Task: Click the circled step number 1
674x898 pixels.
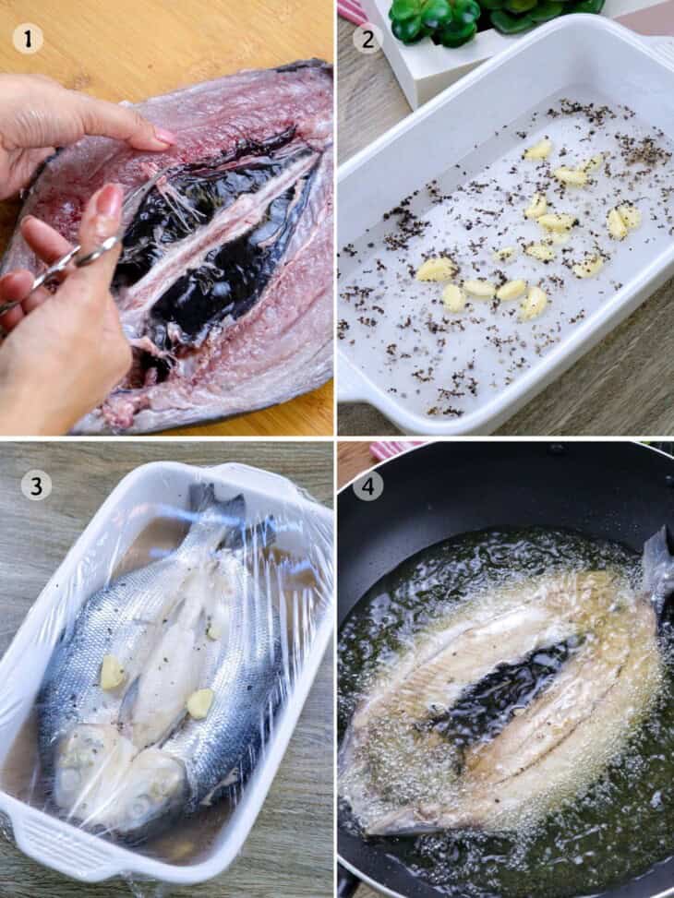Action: (x=28, y=38)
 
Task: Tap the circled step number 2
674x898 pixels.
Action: (x=367, y=38)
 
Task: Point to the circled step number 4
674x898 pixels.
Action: (x=367, y=484)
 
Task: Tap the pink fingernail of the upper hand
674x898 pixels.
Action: (x=164, y=137)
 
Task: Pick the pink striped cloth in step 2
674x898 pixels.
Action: (x=352, y=11)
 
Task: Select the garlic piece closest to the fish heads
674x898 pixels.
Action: (x=200, y=704)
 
